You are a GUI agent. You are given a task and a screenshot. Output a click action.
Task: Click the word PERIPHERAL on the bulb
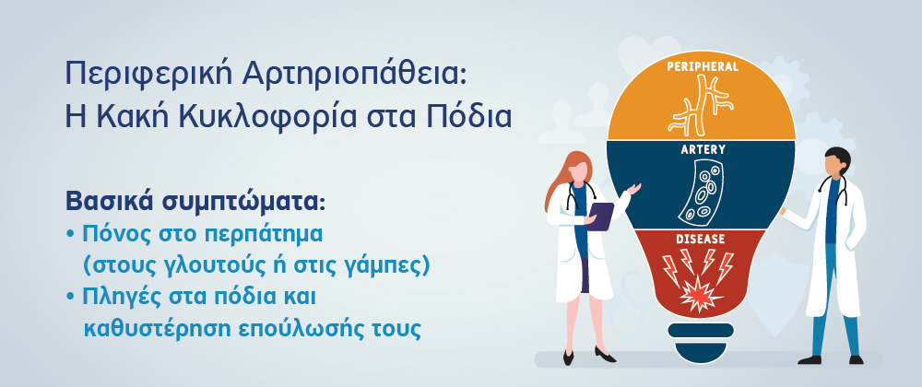tap(702, 66)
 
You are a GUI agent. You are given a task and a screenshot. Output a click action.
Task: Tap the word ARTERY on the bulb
tap(703, 150)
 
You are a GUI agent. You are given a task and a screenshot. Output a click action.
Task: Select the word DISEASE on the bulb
tap(701, 239)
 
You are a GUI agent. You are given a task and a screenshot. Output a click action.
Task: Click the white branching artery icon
tap(701, 105)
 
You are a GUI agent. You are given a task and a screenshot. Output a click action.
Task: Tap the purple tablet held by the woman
tap(600, 216)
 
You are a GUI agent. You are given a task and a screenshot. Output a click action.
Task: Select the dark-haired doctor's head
tap(836, 163)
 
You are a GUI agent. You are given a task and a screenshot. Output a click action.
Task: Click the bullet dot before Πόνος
tap(71, 234)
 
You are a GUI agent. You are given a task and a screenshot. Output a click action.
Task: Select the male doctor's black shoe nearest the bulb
tap(809, 359)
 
